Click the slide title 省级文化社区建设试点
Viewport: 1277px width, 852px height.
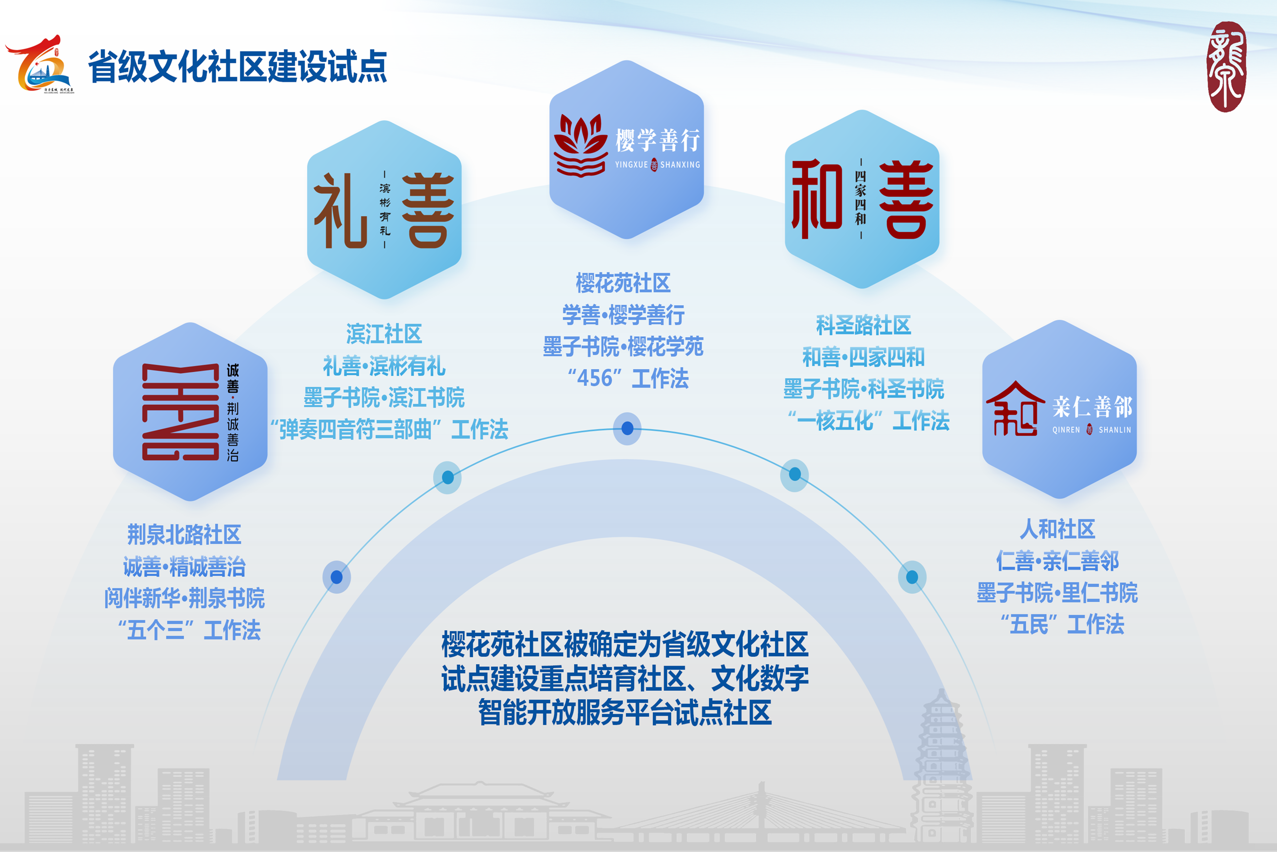(x=237, y=66)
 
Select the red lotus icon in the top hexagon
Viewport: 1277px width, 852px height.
(x=580, y=145)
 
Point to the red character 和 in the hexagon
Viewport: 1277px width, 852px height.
(x=817, y=199)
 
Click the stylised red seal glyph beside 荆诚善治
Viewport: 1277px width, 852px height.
(x=180, y=412)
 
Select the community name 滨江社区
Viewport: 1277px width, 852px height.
(x=384, y=334)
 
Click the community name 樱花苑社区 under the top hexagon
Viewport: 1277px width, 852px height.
(x=623, y=283)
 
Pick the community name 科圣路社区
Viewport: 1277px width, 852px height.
(x=863, y=325)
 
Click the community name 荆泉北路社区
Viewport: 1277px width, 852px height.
(x=184, y=535)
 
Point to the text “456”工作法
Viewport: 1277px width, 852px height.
(x=628, y=378)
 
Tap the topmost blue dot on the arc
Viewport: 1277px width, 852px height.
(x=627, y=428)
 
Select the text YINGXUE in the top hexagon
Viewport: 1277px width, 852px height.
(x=631, y=165)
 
